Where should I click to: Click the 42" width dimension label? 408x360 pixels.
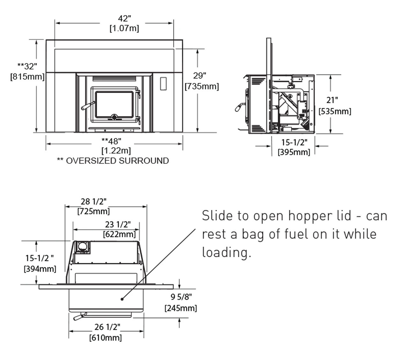pos(124,18)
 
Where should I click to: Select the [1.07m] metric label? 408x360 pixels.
pos(124,28)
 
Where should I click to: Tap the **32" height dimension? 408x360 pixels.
pos(27,66)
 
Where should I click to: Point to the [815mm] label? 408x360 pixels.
pos(27,77)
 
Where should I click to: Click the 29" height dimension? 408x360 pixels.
pos(200,76)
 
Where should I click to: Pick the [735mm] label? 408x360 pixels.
pos(201,86)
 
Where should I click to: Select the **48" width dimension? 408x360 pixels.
pos(111,141)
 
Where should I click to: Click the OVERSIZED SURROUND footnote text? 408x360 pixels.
pos(117,161)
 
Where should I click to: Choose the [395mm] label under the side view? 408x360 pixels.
pos(294,152)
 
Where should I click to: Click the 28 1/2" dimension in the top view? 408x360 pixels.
pos(93,201)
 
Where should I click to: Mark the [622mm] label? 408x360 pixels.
pos(119,234)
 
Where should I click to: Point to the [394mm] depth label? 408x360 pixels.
pos(40,269)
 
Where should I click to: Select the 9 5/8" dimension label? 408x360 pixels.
pos(181,297)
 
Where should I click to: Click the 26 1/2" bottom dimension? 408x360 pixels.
pos(107,327)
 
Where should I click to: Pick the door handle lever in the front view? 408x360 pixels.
pos(88,106)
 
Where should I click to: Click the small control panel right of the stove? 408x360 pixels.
pos(163,83)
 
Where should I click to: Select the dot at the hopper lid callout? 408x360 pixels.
pos(122,299)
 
